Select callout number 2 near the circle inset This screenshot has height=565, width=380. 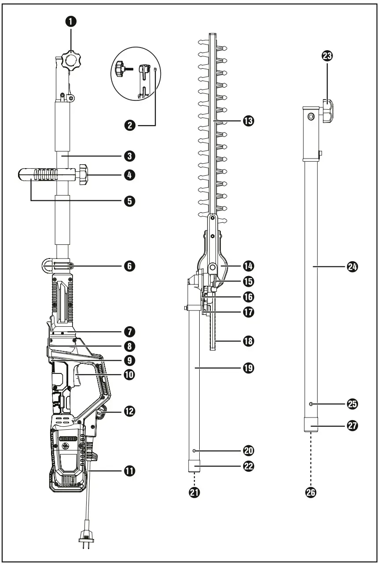coord(130,126)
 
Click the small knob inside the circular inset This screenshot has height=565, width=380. coord(119,69)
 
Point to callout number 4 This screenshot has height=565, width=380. coord(129,175)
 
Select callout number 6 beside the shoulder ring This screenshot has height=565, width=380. coord(129,266)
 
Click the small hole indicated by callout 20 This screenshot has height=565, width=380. coord(194,450)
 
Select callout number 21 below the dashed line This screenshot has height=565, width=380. coord(194,493)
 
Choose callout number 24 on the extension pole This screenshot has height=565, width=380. coord(352,266)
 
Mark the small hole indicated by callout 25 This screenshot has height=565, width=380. coord(311,404)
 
